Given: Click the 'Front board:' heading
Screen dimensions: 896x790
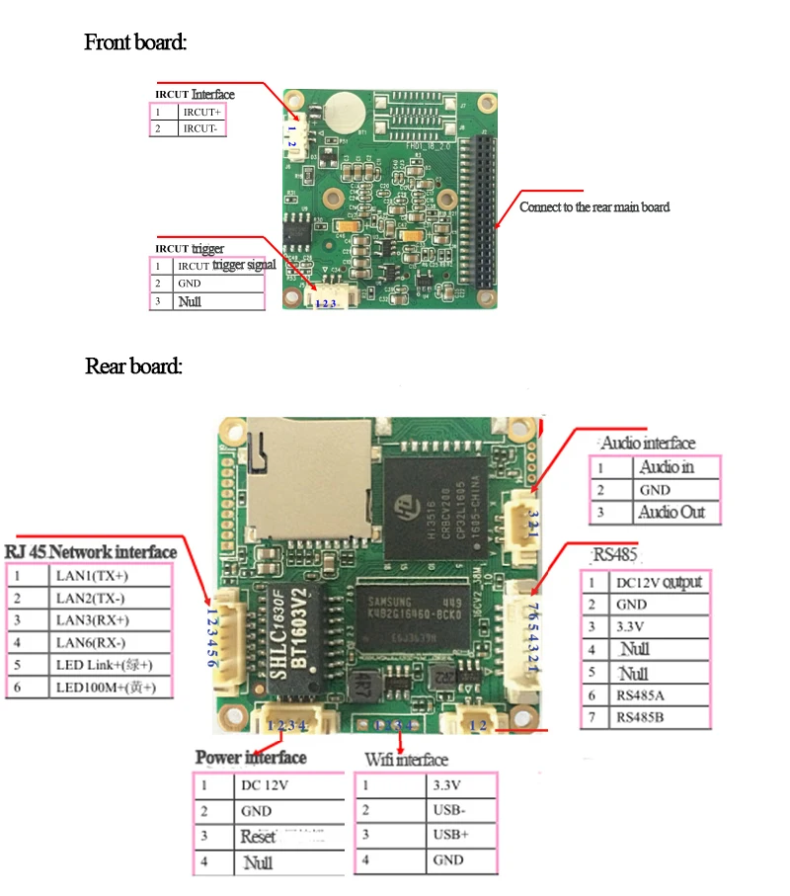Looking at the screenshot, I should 135,42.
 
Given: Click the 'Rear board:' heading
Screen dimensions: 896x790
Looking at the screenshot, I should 133,367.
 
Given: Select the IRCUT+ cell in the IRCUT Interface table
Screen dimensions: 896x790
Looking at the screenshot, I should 201,113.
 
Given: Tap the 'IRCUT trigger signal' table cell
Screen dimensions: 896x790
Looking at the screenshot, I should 218,266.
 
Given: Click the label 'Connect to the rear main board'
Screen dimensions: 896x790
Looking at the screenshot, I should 594,207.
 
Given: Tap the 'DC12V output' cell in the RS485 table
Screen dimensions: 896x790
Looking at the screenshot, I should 658,582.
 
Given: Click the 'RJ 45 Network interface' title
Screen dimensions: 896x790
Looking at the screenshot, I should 91,551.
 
